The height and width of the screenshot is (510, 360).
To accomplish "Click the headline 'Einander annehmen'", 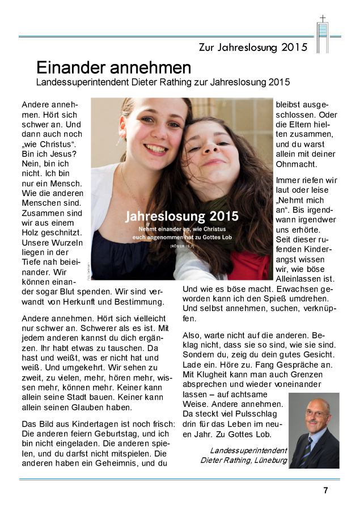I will [113, 68].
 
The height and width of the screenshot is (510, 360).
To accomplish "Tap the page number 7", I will [325, 491].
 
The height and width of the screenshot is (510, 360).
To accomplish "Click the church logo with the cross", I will [323, 34].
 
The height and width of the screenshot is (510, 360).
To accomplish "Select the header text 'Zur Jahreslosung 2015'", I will [253, 47].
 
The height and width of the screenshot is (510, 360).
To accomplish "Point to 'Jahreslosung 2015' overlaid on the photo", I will [181, 216].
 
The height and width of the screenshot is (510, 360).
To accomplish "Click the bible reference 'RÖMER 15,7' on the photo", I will [181, 246].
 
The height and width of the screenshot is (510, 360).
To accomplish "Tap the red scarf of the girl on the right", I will [249, 266].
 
